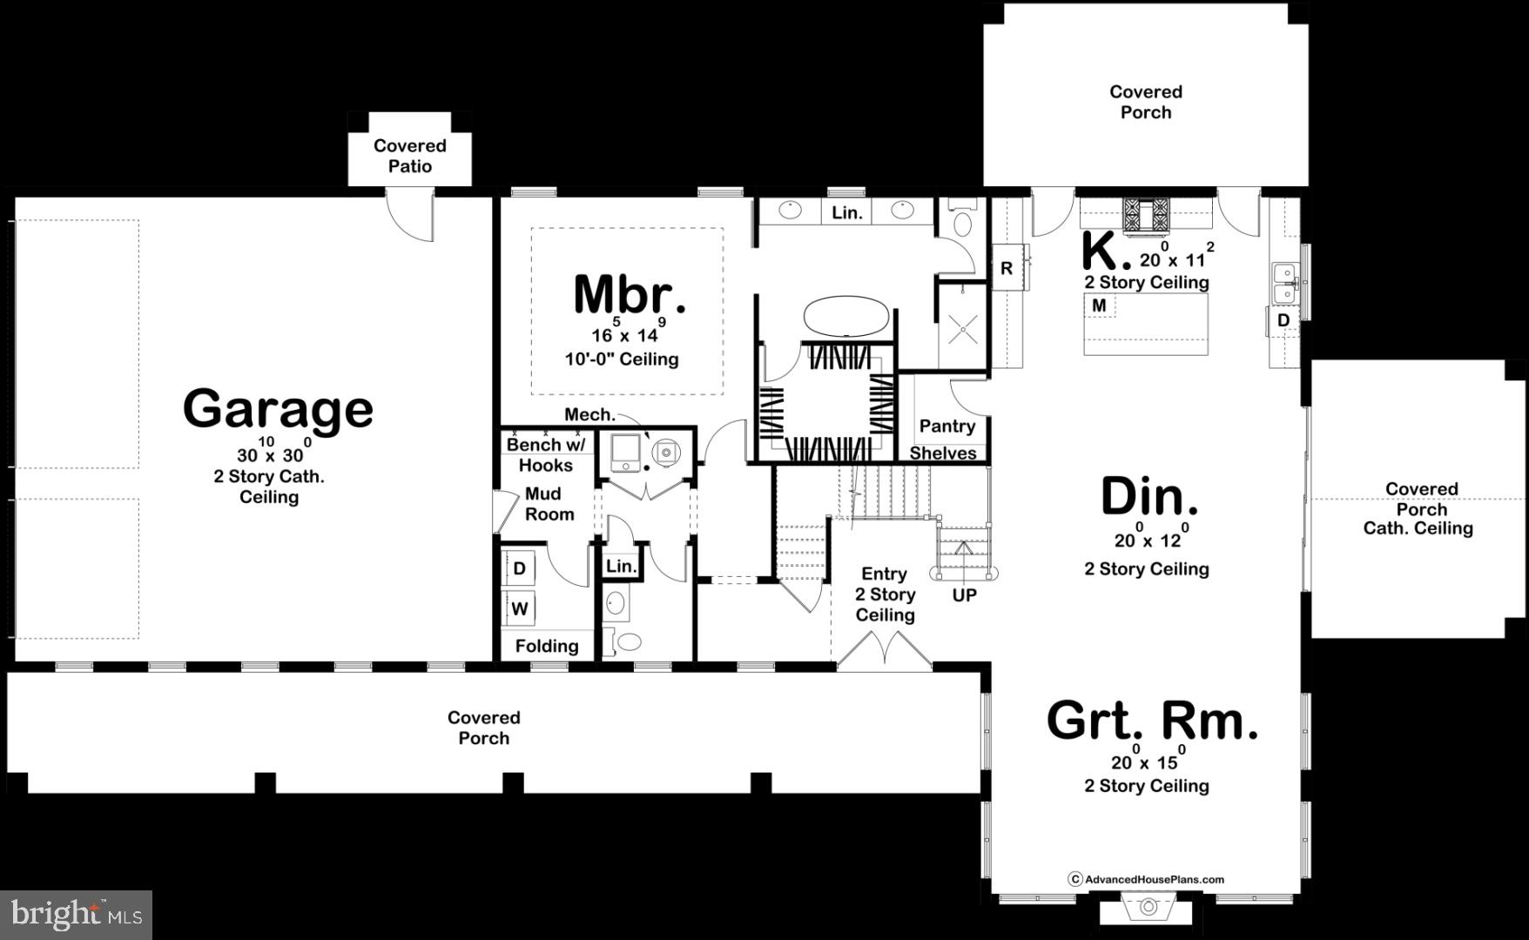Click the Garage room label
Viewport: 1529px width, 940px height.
click(278, 409)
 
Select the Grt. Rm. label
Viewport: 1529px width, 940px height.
click(1151, 721)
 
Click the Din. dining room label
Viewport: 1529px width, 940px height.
click(1149, 496)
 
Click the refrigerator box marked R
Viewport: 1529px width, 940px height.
click(1006, 269)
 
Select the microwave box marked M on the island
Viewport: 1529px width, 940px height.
click(1100, 305)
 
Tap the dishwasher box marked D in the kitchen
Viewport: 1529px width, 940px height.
click(1283, 321)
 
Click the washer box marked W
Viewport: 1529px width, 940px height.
click(520, 608)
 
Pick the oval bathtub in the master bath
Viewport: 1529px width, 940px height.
click(845, 316)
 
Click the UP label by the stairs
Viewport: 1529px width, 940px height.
click(964, 595)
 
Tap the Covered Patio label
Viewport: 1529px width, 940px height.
click(409, 156)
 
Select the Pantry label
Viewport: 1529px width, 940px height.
click(946, 426)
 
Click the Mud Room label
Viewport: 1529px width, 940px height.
click(549, 504)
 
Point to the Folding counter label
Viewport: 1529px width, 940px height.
click(546, 646)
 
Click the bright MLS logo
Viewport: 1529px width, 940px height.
click(76, 914)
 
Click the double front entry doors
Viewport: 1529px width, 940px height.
click(884, 651)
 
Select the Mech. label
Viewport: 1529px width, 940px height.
click(589, 415)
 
